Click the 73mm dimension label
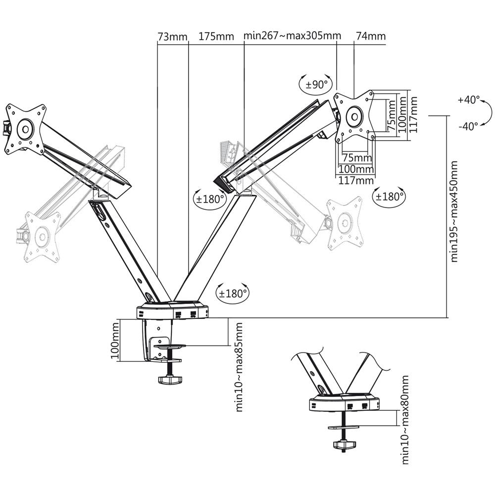172,37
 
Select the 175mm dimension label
216,37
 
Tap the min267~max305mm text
293,37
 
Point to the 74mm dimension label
370,37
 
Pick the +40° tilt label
468,99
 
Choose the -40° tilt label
468,126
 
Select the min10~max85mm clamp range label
239,367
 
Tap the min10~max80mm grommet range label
405,420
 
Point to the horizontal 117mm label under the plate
355,181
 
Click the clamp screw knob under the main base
170,380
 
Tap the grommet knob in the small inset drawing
343,445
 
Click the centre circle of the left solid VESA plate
25,129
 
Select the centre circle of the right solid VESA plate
354,117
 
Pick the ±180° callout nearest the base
233,293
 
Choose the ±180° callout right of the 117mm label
389,196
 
